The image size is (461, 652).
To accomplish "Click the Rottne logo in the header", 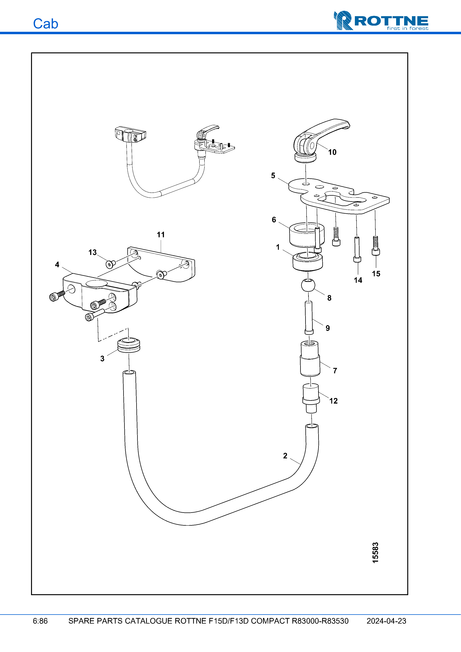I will (381, 21).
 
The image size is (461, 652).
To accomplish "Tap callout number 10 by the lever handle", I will (332, 153).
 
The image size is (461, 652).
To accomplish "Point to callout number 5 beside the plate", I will (273, 176).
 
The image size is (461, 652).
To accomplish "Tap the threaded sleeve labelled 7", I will (310, 359).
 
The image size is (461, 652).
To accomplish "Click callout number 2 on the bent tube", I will (285, 456).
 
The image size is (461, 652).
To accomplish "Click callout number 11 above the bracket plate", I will (161, 235).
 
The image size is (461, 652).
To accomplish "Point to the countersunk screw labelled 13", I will (110, 264).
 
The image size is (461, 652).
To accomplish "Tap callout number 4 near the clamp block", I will (57, 265).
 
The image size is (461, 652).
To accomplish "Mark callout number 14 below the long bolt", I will (358, 280).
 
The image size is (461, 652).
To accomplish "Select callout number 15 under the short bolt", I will (376, 274).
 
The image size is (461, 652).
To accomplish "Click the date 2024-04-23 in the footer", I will (386, 621).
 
